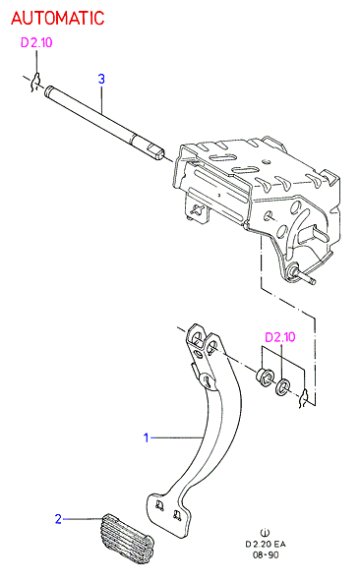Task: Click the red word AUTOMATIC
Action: pyautogui.click(x=58, y=18)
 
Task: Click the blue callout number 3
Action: pyautogui.click(x=101, y=79)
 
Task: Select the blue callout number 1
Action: pyautogui.click(x=147, y=437)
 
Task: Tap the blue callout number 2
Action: pyautogui.click(x=58, y=519)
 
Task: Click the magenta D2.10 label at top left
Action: pyautogui.click(x=36, y=42)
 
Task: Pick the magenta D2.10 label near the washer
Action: pyautogui.click(x=280, y=337)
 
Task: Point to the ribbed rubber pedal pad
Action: pyautogui.click(x=127, y=539)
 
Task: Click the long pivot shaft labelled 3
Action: pyautogui.click(x=104, y=123)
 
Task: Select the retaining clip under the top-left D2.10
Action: pyautogui.click(x=35, y=83)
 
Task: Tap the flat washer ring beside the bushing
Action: pyautogui.click(x=282, y=386)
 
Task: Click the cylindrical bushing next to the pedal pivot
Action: pyautogui.click(x=266, y=377)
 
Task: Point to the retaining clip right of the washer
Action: pyautogui.click(x=304, y=398)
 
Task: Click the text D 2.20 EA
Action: pyautogui.click(x=266, y=545)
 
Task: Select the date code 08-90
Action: pyautogui.click(x=266, y=555)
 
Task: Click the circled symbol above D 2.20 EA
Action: pyautogui.click(x=266, y=533)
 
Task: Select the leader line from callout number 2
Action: pyautogui.click(x=84, y=519)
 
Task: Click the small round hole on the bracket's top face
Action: pyautogui.click(x=266, y=162)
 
